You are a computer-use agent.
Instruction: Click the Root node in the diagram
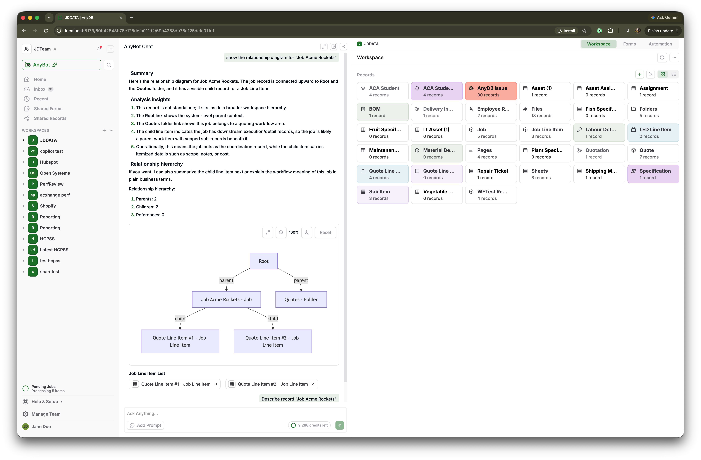264,261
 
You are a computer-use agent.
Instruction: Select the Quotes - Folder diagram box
301,299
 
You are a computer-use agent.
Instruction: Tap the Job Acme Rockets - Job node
226,299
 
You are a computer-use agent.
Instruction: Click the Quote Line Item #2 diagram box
272,341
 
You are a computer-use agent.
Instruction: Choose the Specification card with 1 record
653,174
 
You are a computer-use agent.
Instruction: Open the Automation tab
660,44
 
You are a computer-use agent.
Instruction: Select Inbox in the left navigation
40,89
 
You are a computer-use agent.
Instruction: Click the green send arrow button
340,425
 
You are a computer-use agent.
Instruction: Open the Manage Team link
46,414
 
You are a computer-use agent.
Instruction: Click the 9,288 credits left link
313,425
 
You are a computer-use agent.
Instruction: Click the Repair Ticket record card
491,174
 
